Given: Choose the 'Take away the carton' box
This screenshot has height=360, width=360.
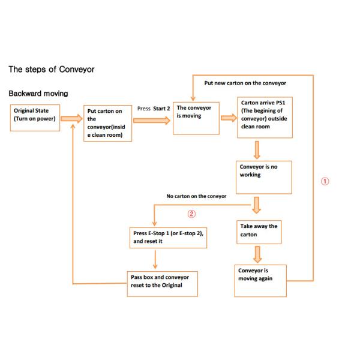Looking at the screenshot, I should click(x=260, y=232).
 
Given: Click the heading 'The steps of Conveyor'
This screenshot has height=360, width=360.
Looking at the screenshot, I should click(x=51, y=70).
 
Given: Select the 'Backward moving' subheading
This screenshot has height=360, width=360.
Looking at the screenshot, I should click(x=38, y=94).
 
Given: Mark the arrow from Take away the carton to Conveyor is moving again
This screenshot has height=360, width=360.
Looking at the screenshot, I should click(x=259, y=254).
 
